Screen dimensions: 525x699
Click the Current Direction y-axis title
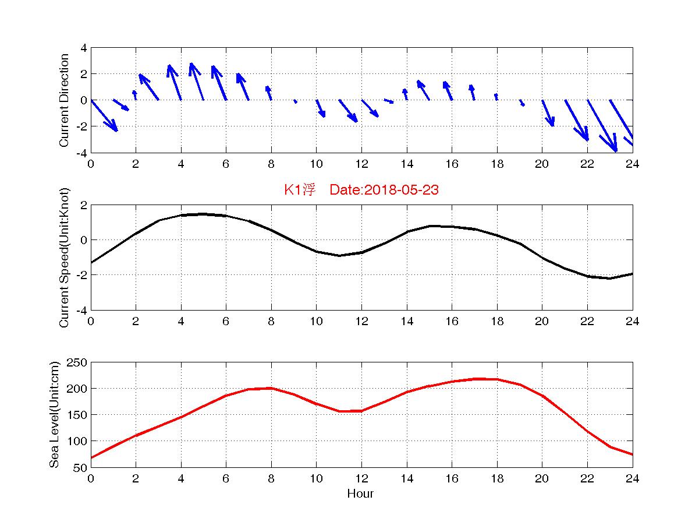tap(64, 100)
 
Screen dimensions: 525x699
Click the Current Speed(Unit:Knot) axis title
tap(64, 257)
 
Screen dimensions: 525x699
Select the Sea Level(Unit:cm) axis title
tap(54, 414)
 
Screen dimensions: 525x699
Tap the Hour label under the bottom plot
tap(360, 494)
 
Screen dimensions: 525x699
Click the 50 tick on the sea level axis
tap(81, 467)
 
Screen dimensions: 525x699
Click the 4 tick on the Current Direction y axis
tap(84, 48)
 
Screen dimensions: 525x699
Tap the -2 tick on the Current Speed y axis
tap(82, 275)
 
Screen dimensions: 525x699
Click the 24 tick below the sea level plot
tap(633, 479)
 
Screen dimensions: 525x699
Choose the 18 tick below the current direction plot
tap(496, 164)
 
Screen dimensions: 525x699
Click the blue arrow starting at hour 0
tap(104, 116)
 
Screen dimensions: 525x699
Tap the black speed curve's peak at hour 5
tap(203, 214)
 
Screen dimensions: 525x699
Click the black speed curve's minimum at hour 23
tap(610, 279)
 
